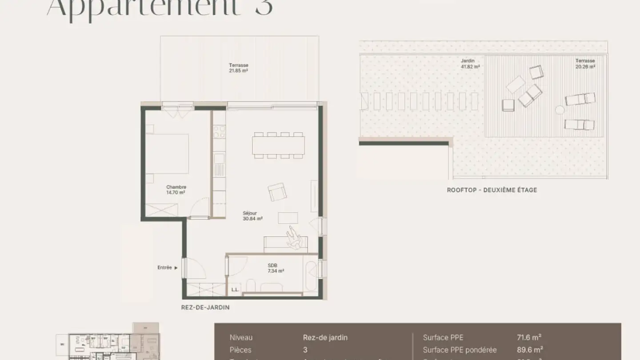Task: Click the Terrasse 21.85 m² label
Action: tap(238, 68)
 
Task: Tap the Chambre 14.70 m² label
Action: tap(176, 190)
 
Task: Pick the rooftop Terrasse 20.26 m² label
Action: tap(585, 64)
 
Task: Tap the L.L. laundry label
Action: tap(235, 290)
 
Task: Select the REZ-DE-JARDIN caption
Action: tap(205, 308)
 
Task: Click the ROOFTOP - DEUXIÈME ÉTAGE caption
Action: tap(492, 190)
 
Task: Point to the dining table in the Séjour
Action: tap(278, 145)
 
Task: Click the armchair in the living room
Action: tap(277, 192)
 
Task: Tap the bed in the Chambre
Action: tap(168, 153)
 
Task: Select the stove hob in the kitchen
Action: tap(219, 132)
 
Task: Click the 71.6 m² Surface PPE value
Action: tap(528, 337)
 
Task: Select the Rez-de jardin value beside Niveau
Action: tap(325, 337)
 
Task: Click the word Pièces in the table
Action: tap(240, 350)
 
